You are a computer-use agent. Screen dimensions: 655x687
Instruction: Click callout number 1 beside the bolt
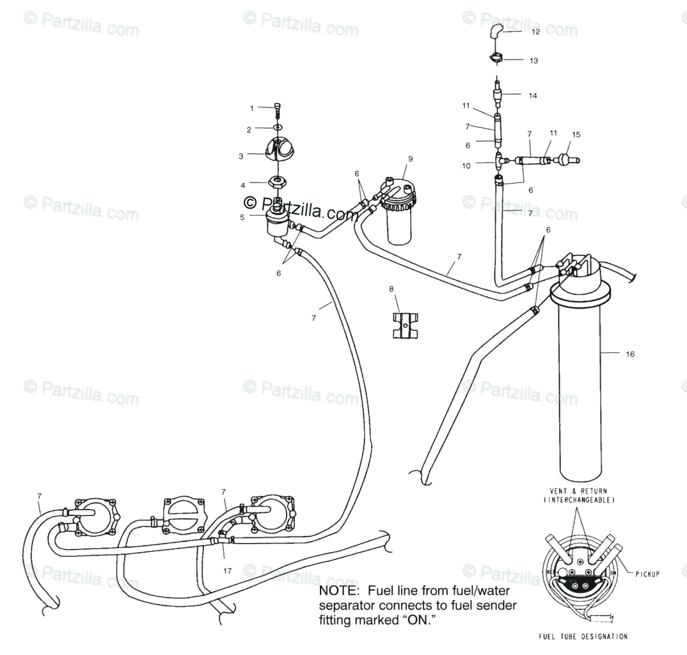251,108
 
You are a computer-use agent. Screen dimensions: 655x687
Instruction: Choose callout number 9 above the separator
410,158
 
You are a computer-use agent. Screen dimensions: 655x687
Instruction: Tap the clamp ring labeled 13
496,60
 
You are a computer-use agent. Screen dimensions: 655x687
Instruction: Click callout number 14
532,95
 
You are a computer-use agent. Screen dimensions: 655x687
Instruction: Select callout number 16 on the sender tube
629,353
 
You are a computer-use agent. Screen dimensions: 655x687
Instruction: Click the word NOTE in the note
337,590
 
